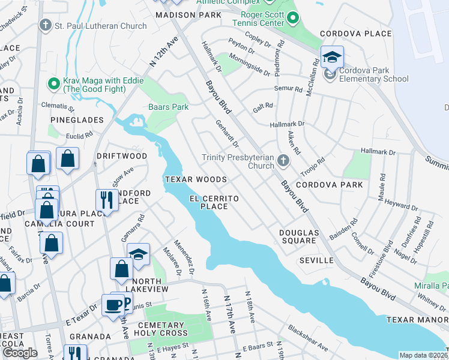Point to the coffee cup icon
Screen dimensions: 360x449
tap(113, 305)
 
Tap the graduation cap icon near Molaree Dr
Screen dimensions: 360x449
tap(139, 255)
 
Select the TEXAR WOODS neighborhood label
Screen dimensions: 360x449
tap(196, 179)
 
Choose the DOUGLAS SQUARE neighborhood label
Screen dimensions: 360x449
tap(298, 236)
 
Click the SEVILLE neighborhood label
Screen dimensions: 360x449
tap(316, 260)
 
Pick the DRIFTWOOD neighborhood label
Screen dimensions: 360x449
tap(122, 156)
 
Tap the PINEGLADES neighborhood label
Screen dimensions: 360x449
tap(77, 120)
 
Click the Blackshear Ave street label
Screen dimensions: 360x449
tap(307, 338)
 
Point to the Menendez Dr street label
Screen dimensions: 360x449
tap(184, 257)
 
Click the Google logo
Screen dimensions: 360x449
tap(20, 353)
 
